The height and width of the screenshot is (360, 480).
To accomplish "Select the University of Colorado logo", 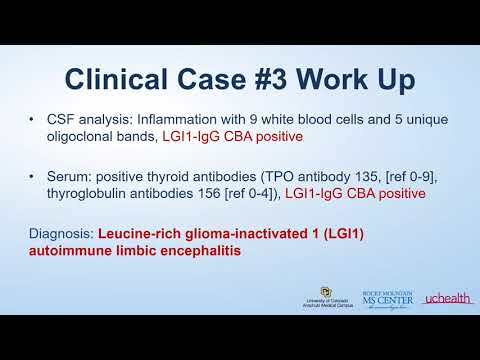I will (x=325, y=299).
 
